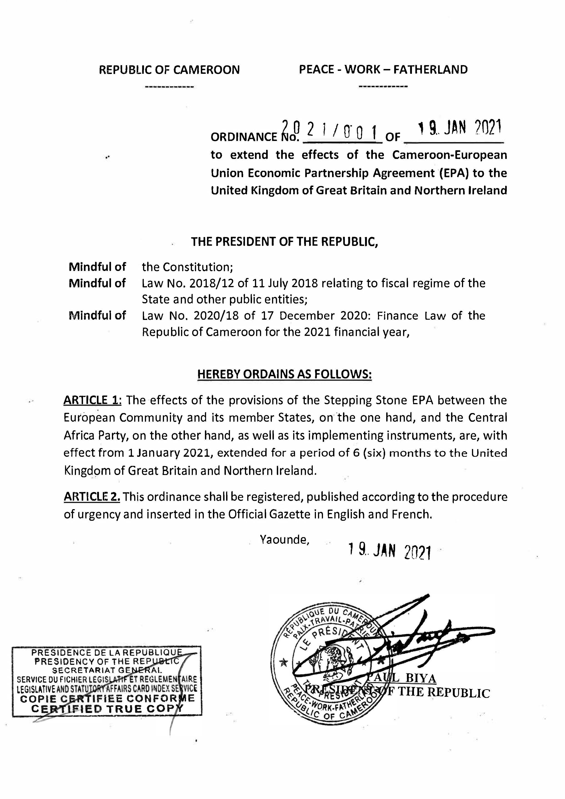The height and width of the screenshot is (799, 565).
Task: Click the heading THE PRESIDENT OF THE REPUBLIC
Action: (284, 242)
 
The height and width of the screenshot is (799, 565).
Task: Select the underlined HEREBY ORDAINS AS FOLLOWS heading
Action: (284, 374)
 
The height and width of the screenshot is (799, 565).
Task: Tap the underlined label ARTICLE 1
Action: (92, 400)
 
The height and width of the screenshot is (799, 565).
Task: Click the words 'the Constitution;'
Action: (187, 267)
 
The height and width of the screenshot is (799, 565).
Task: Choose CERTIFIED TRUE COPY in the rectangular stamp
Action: (107, 709)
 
